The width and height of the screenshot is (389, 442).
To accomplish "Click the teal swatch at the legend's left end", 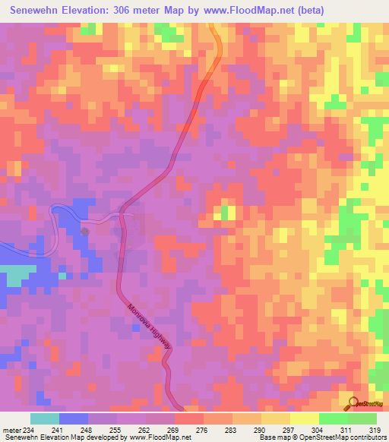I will click(x=45, y=418).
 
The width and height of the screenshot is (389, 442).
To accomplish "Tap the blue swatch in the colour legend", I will click(x=74, y=418).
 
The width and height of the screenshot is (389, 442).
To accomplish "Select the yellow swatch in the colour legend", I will click(x=305, y=418).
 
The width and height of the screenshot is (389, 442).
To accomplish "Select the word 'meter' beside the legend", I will click(x=12, y=430).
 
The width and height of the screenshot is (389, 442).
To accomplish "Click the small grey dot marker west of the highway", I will click(x=85, y=231).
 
